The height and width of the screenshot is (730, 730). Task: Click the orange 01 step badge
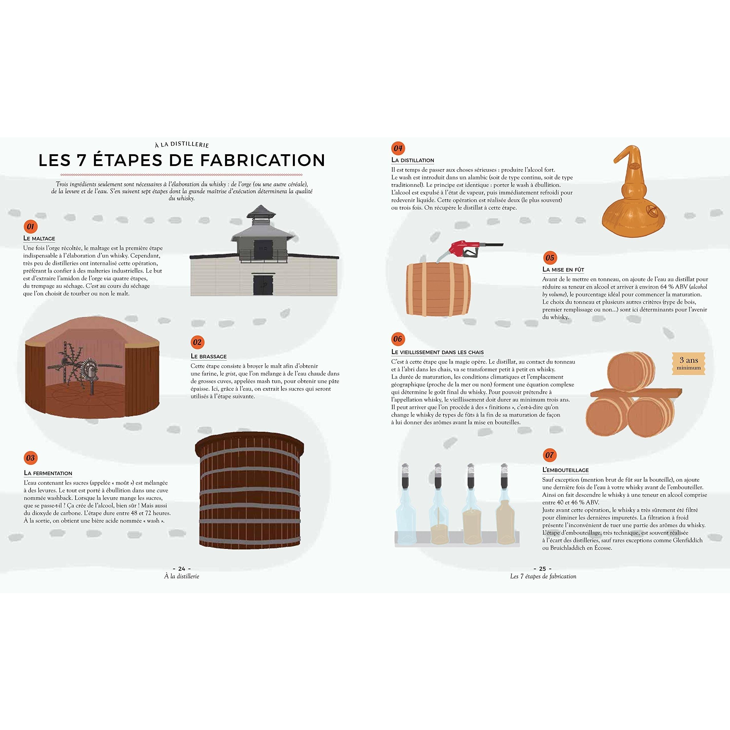click(x=31, y=227)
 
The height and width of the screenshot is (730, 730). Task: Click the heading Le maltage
click(x=39, y=238)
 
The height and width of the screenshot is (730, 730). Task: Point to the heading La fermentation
click(x=48, y=473)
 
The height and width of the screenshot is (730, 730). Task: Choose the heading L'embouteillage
click(x=566, y=470)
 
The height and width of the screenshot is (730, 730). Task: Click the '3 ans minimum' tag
click(x=689, y=364)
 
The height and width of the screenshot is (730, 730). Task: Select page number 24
click(x=182, y=569)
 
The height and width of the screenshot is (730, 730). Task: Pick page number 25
click(x=543, y=569)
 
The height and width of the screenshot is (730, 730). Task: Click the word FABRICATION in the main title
click(x=263, y=160)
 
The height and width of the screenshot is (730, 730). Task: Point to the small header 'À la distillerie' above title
click(x=182, y=144)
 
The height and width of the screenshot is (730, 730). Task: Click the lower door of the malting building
click(x=261, y=285)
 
